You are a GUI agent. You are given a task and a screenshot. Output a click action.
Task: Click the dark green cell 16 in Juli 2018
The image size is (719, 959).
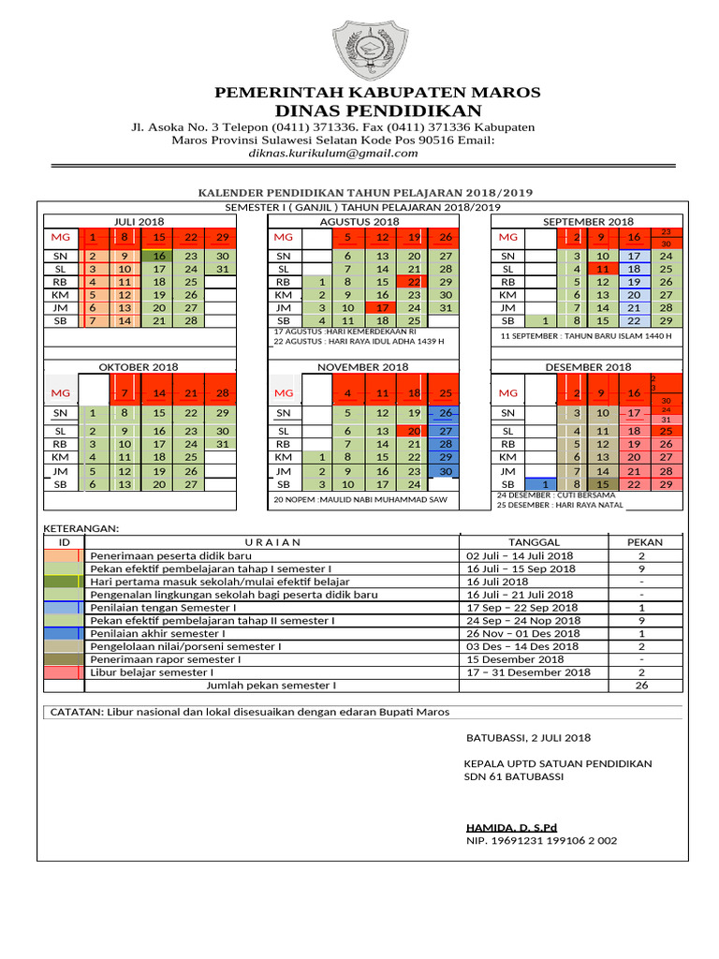coord(159,256)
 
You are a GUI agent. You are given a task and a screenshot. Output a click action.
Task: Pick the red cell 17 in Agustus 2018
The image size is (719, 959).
coord(383,307)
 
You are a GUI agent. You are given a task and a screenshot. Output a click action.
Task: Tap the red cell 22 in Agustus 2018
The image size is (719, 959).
coord(414,282)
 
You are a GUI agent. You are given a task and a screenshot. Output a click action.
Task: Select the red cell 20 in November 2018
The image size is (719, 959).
coord(414,431)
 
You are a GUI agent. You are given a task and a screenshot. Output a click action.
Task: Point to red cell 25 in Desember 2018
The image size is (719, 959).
coord(666,431)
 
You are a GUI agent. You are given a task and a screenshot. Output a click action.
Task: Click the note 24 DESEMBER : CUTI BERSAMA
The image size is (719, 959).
coord(556,494)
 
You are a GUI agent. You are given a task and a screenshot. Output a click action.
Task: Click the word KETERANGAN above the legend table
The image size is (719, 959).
coord(82,529)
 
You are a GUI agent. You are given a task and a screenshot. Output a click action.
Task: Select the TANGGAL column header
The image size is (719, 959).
coord(534,542)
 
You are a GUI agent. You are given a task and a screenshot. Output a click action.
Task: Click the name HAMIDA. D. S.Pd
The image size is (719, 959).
coord(511,828)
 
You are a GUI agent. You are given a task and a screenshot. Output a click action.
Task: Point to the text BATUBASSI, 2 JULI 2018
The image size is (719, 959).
coord(521,738)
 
